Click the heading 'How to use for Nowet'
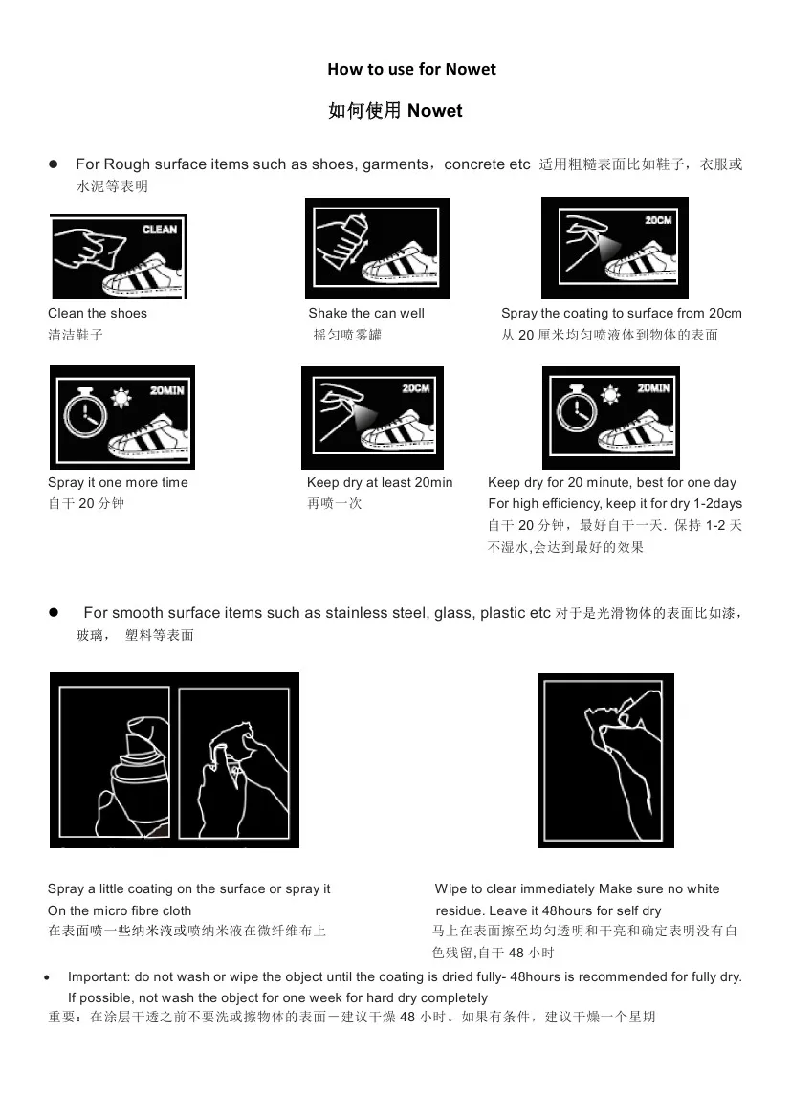[x=411, y=69]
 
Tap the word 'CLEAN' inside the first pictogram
[x=159, y=230]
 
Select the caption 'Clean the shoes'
[x=98, y=313]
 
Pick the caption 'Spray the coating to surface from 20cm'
[x=621, y=313]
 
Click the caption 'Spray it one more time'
[x=118, y=482]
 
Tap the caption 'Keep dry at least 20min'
[x=380, y=482]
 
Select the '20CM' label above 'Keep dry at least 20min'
[x=415, y=388]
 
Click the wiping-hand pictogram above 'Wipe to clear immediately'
[x=605, y=759]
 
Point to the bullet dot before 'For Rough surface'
[x=55, y=165]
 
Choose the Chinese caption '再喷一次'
[x=335, y=503]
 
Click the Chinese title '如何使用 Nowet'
[x=395, y=111]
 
